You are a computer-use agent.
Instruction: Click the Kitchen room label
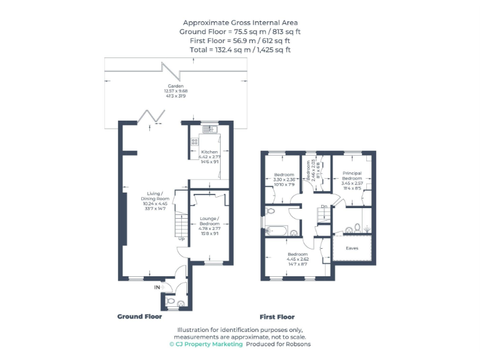tap(209, 152)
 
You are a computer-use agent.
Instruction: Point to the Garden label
tap(175, 86)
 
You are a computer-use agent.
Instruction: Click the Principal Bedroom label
tap(352, 175)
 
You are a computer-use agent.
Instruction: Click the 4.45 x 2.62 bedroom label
tap(297, 254)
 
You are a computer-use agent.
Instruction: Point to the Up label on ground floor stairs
tap(181, 238)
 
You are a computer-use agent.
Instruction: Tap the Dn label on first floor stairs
tap(324, 206)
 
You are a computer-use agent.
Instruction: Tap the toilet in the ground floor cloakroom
tap(179, 303)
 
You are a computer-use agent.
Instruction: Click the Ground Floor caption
tap(139, 317)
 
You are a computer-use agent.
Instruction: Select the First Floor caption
tap(277, 317)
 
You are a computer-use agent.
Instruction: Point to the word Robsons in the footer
tap(297, 344)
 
